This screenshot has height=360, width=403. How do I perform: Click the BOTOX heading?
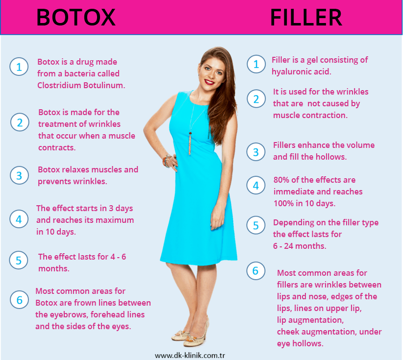pos(76,18)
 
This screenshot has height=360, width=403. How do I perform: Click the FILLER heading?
pos(306,18)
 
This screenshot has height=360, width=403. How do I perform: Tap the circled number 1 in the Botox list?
pos(19,67)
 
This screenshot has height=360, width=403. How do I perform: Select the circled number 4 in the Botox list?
pos(19,219)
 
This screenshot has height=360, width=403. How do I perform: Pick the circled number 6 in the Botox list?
pos(19,300)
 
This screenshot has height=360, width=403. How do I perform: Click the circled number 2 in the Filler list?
pos(256,99)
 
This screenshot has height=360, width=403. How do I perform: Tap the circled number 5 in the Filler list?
pos(256,225)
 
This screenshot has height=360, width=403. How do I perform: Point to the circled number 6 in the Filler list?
pos(255,271)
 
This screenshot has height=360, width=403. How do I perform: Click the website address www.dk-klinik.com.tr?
pos(190,356)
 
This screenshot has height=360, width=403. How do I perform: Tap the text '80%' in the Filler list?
pos(281,180)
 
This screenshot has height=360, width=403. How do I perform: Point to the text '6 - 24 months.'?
pos(300,246)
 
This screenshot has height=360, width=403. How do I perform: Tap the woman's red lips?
pos(209,82)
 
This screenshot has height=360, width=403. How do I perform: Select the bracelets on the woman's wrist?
pos(167,161)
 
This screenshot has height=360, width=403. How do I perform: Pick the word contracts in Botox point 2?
pos(57,147)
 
